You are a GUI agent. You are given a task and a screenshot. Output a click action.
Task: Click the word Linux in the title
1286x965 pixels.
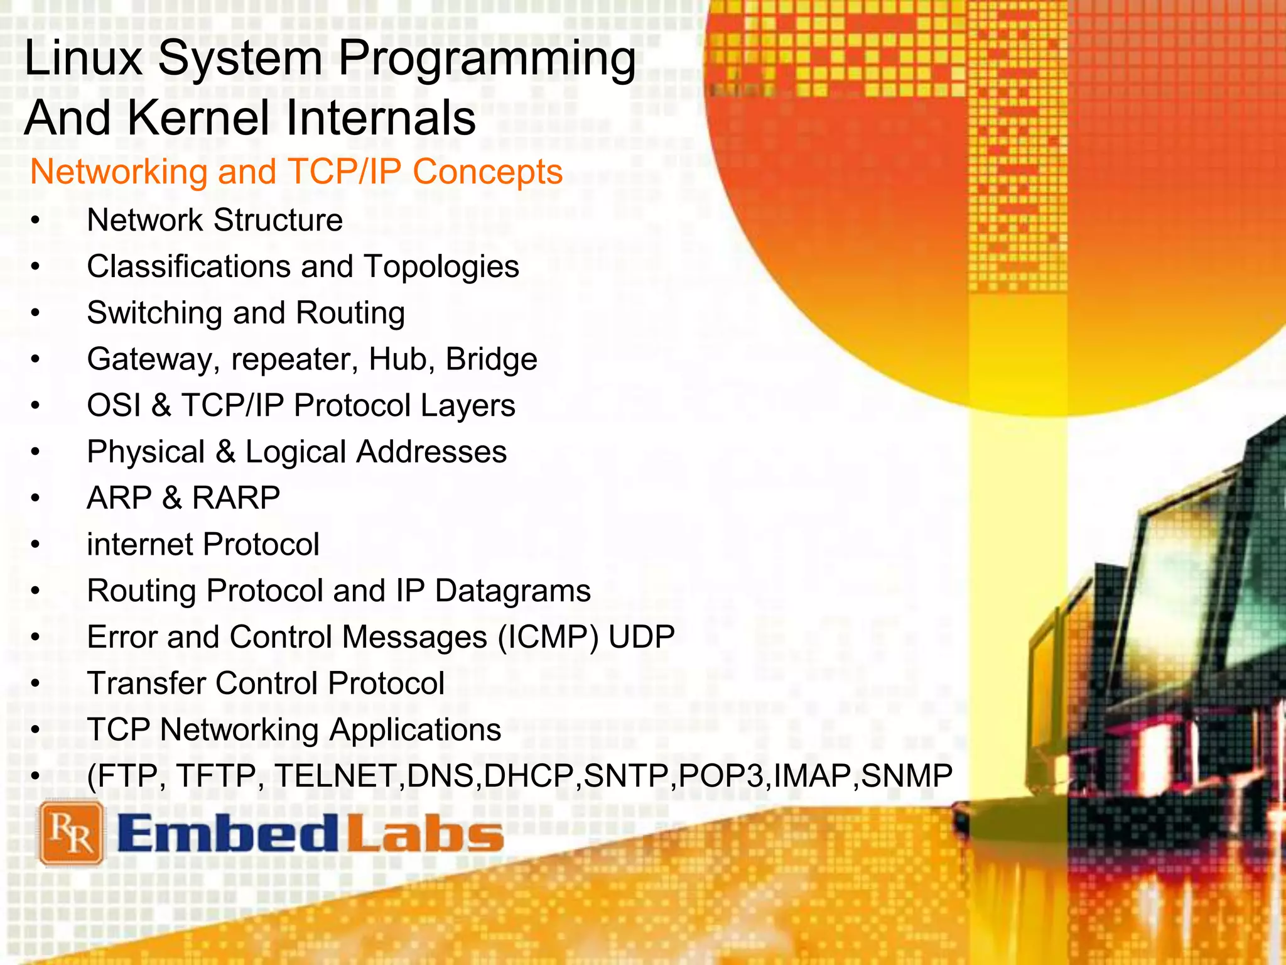[84, 58]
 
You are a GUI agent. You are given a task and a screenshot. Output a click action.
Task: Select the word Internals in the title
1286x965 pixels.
[381, 117]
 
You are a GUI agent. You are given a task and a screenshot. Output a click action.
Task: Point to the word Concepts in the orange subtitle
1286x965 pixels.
[488, 172]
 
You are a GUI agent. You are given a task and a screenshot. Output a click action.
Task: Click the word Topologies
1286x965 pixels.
[441, 267]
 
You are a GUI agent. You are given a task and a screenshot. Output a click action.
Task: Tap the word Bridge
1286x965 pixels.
[491, 359]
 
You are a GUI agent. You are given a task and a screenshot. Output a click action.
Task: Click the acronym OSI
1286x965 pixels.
[114, 405]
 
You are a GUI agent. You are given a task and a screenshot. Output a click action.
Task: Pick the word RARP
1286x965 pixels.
[236, 498]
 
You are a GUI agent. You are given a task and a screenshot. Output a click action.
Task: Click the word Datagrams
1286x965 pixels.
[513, 591]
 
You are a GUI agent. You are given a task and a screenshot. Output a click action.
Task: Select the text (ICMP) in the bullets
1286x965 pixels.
[548, 638]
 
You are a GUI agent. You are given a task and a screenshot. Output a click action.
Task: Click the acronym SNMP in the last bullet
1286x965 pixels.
[906, 776]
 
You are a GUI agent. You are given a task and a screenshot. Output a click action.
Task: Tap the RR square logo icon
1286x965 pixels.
[70, 834]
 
